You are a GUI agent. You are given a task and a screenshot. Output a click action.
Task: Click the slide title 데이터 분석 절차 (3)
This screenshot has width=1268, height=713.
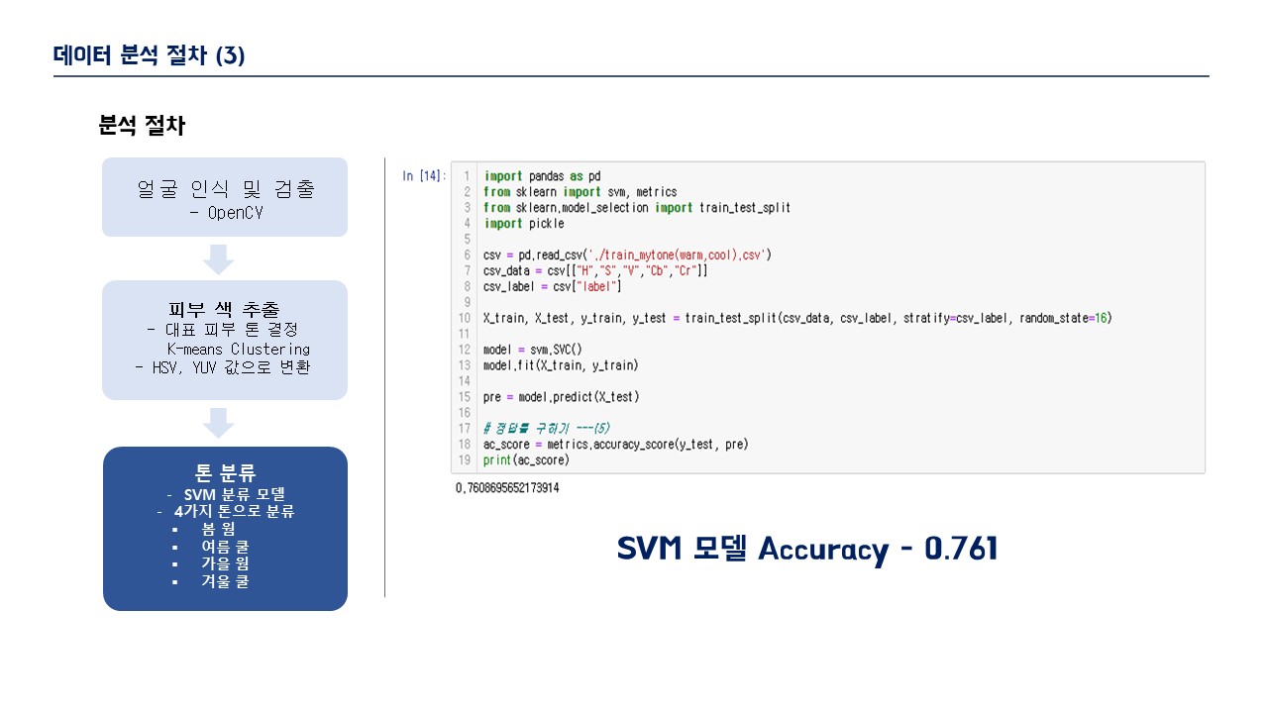point(149,55)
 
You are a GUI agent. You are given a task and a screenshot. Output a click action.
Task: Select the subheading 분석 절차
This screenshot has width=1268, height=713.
point(142,125)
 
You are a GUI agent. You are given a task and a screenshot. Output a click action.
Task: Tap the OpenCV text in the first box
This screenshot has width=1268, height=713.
point(235,213)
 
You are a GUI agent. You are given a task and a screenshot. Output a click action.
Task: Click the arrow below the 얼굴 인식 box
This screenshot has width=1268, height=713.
point(219,259)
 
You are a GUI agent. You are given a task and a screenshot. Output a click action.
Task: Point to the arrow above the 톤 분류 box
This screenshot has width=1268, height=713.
point(219,423)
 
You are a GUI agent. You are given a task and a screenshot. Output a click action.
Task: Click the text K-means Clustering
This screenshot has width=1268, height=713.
point(239,350)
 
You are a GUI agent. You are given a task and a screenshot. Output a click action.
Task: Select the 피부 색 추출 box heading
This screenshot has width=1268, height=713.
point(224,309)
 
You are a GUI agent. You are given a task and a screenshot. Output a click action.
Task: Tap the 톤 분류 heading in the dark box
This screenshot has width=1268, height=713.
point(225,472)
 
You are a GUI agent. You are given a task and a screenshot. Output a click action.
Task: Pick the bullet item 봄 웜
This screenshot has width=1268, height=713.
point(219,529)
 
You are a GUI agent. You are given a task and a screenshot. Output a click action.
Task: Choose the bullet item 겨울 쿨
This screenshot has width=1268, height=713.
point(225,581)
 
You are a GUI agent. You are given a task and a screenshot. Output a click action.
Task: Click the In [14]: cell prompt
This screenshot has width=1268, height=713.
point(424,176)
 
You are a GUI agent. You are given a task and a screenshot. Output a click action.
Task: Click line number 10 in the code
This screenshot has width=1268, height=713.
point(465,318)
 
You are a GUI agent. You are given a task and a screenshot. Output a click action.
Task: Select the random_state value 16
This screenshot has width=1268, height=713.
point(1101,318)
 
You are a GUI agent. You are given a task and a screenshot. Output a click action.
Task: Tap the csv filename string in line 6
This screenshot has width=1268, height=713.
point(677,255)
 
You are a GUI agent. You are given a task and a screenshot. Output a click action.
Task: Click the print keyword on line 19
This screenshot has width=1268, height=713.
point(497,460)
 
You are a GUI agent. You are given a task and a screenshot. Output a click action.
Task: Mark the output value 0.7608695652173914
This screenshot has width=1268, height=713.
point(507,488)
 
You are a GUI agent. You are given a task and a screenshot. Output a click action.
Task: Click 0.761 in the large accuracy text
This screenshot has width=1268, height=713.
point(961,549)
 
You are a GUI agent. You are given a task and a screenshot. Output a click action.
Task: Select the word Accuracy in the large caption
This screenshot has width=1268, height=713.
point(823,550)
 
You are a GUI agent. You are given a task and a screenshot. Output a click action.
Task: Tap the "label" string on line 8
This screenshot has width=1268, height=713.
point(596,287)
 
